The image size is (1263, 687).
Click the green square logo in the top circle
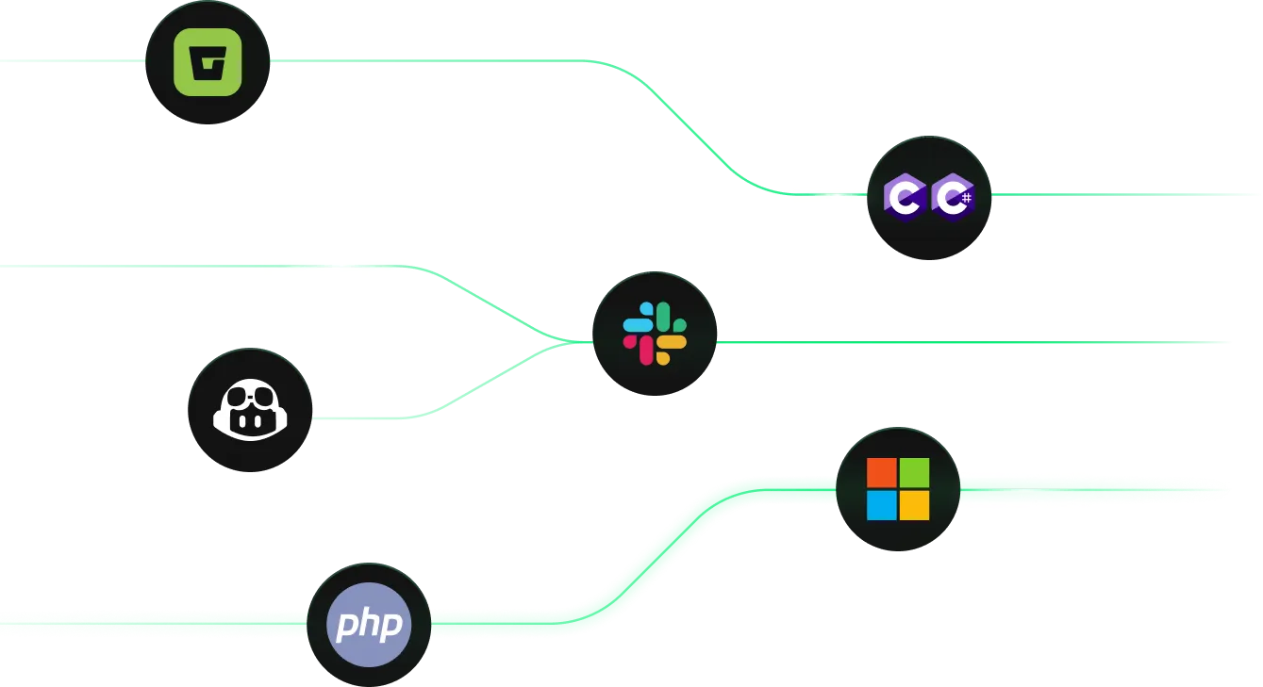point(208,62)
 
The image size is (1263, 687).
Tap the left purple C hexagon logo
point(905,196)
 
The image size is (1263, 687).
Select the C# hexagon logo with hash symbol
point(952,196)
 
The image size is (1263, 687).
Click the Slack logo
point(655,334)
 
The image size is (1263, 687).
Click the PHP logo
point(369,624)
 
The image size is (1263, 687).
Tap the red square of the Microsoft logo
point(882,472)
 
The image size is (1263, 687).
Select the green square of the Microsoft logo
point(914,472)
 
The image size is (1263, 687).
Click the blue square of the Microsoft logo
point(882,505)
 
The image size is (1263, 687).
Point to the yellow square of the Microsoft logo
point(914,505)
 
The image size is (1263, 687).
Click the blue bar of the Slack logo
point(638,325)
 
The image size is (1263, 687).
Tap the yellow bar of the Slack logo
point(671,343)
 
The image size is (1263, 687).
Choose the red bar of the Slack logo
point(646,350)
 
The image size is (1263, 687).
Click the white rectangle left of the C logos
point(830,195)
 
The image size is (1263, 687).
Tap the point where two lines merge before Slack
point(566,341)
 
